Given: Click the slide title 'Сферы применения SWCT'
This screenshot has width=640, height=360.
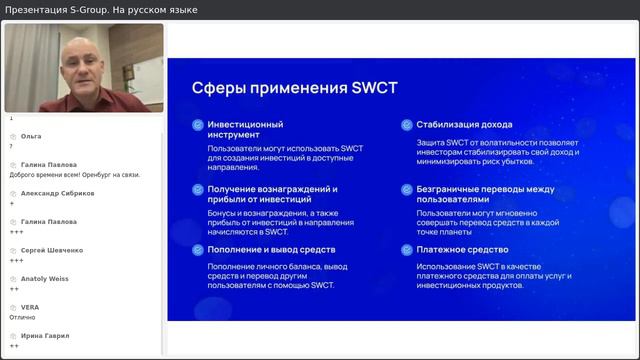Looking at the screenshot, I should coord(294,88).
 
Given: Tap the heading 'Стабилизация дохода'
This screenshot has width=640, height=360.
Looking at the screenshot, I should coord(464,125).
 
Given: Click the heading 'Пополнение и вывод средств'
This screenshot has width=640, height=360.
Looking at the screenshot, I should coord(271,250).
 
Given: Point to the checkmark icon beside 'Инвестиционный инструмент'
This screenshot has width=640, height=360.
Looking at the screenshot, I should coord(197,125).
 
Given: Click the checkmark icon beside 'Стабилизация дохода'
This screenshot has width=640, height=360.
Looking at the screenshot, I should coord(406,125).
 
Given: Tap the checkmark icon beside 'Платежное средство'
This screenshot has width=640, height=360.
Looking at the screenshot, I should coord(406,250).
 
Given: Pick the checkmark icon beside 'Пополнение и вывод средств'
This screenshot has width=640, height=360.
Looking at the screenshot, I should coord(197,250).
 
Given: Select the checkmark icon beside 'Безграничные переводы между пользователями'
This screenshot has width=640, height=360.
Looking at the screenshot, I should coord(406,188).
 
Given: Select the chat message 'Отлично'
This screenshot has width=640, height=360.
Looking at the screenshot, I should coord(23,317).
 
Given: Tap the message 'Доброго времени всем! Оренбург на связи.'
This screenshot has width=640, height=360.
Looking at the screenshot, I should coord(74,174).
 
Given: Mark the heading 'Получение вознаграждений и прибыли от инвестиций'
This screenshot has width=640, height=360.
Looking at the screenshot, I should coord(272,194).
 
